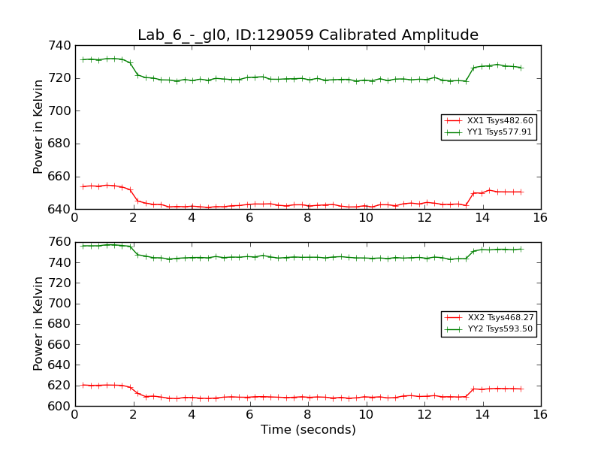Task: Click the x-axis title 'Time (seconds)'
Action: (x=308, y=430)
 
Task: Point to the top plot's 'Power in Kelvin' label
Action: (x=39, y=127)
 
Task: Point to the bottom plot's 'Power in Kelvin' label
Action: (x=39, y=324)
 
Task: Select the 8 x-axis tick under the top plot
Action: (x=307, y=218)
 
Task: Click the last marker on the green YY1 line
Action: (x=521, y=68)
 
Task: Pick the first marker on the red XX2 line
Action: (x=83, y=385)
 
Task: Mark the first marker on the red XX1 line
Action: (x=83, y=186)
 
